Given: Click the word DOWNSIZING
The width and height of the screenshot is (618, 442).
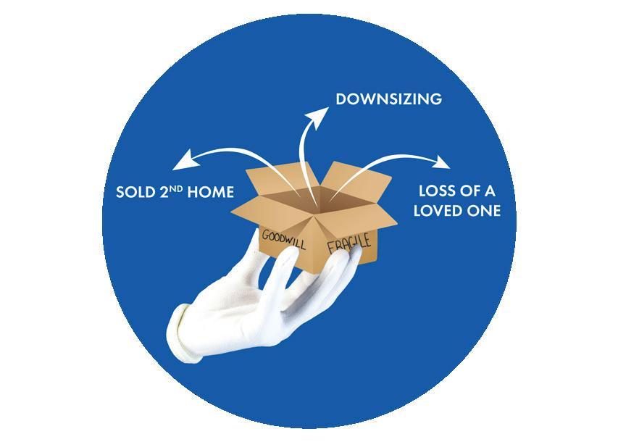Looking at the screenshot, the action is tap(388, 99).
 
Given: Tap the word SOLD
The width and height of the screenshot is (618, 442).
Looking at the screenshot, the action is tap(134, 193).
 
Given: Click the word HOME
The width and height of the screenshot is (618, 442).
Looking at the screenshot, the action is tap(212, 193).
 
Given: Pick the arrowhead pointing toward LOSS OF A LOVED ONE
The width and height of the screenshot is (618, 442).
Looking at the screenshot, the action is tap(440, 159).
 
